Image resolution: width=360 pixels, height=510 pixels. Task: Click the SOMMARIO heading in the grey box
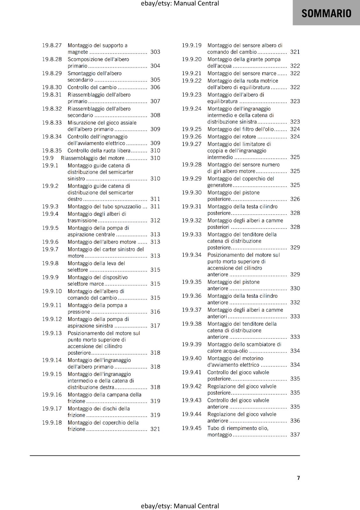tap(326, 13)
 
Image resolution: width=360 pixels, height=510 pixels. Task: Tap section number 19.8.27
tap(52, 45)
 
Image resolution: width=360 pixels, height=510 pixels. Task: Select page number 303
tap(155, 52)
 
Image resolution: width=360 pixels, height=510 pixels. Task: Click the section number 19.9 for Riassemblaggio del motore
tap(48, 158)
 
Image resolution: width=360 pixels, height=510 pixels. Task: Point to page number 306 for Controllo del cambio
tap(155, 87)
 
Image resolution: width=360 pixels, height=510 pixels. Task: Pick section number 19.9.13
tap(52, 333)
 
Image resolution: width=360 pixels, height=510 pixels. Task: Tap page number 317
tap(155, 326)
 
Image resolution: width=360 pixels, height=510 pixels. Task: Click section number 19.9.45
tap(192, 428)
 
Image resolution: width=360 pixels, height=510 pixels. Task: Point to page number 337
tap(295, 435)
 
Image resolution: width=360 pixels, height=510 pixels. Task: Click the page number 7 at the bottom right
tap(299, 478)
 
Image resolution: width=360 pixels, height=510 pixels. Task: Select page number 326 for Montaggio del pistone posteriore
tap(295, 199)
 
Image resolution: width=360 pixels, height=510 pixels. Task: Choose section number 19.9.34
tap(192, 255)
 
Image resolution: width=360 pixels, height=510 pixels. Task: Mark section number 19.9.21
tap(192, 73)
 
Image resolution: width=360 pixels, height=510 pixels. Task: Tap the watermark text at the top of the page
tap(180, 4)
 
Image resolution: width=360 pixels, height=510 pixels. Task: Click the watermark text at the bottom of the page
tap(180, 506)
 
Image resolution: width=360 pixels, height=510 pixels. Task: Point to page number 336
tap(295, 421)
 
